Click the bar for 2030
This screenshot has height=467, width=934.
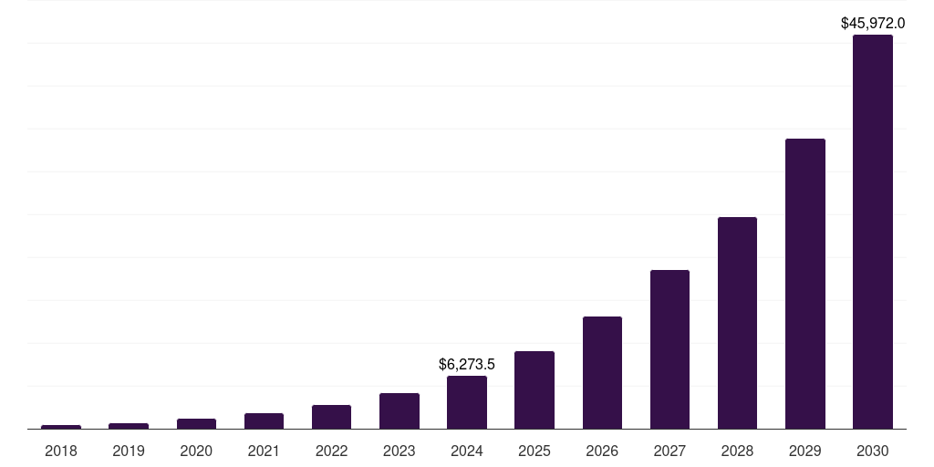(x=872, y=232)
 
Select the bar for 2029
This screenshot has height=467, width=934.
(x=804, y=284)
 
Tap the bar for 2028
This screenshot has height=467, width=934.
(x=737, y=323)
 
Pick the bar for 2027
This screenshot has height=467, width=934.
(x=669, y=349)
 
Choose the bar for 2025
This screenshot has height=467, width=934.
(x=534, y=389)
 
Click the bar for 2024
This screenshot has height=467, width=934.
(x=467, y=402)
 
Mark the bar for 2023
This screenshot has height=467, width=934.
(x=400, y=410)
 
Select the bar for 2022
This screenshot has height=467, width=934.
(x=331, y=417)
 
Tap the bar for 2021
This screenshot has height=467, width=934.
(x=264, y=420)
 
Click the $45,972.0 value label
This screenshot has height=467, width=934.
(x=873, y=24)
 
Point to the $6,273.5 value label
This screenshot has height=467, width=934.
(x=467, y=365)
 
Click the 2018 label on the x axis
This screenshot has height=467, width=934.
(x=61, y=451)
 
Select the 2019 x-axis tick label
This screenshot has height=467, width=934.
(x=129, y=451)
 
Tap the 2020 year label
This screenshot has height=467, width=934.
(x=196, y=451)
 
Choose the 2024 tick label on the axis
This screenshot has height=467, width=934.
(x=467, y=451)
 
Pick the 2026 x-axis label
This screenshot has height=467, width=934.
(x=602, y=451)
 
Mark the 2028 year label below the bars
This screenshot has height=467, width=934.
(x=737, y=451)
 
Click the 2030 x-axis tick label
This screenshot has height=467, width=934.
(x=872, y=451)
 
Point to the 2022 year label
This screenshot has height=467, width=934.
(x=331, y=451)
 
